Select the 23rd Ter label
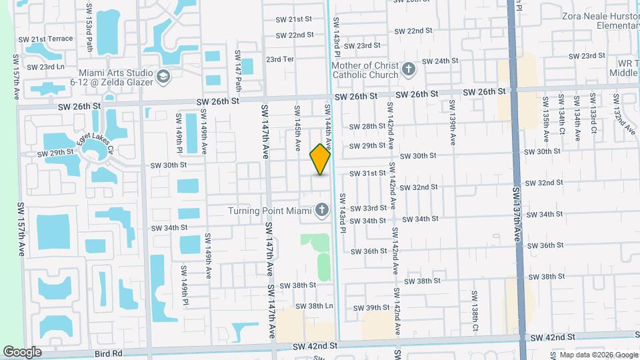click(280, 59)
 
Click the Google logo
click(23, 351)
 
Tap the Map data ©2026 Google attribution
click(595, 354)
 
